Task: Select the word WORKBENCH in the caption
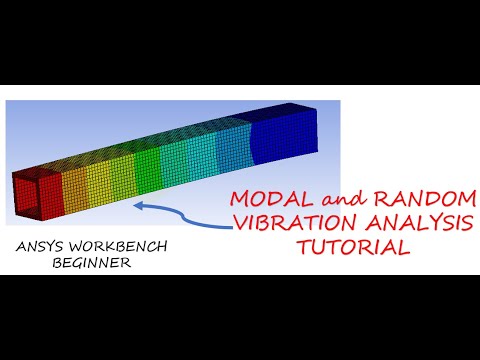[x=111, y=246]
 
